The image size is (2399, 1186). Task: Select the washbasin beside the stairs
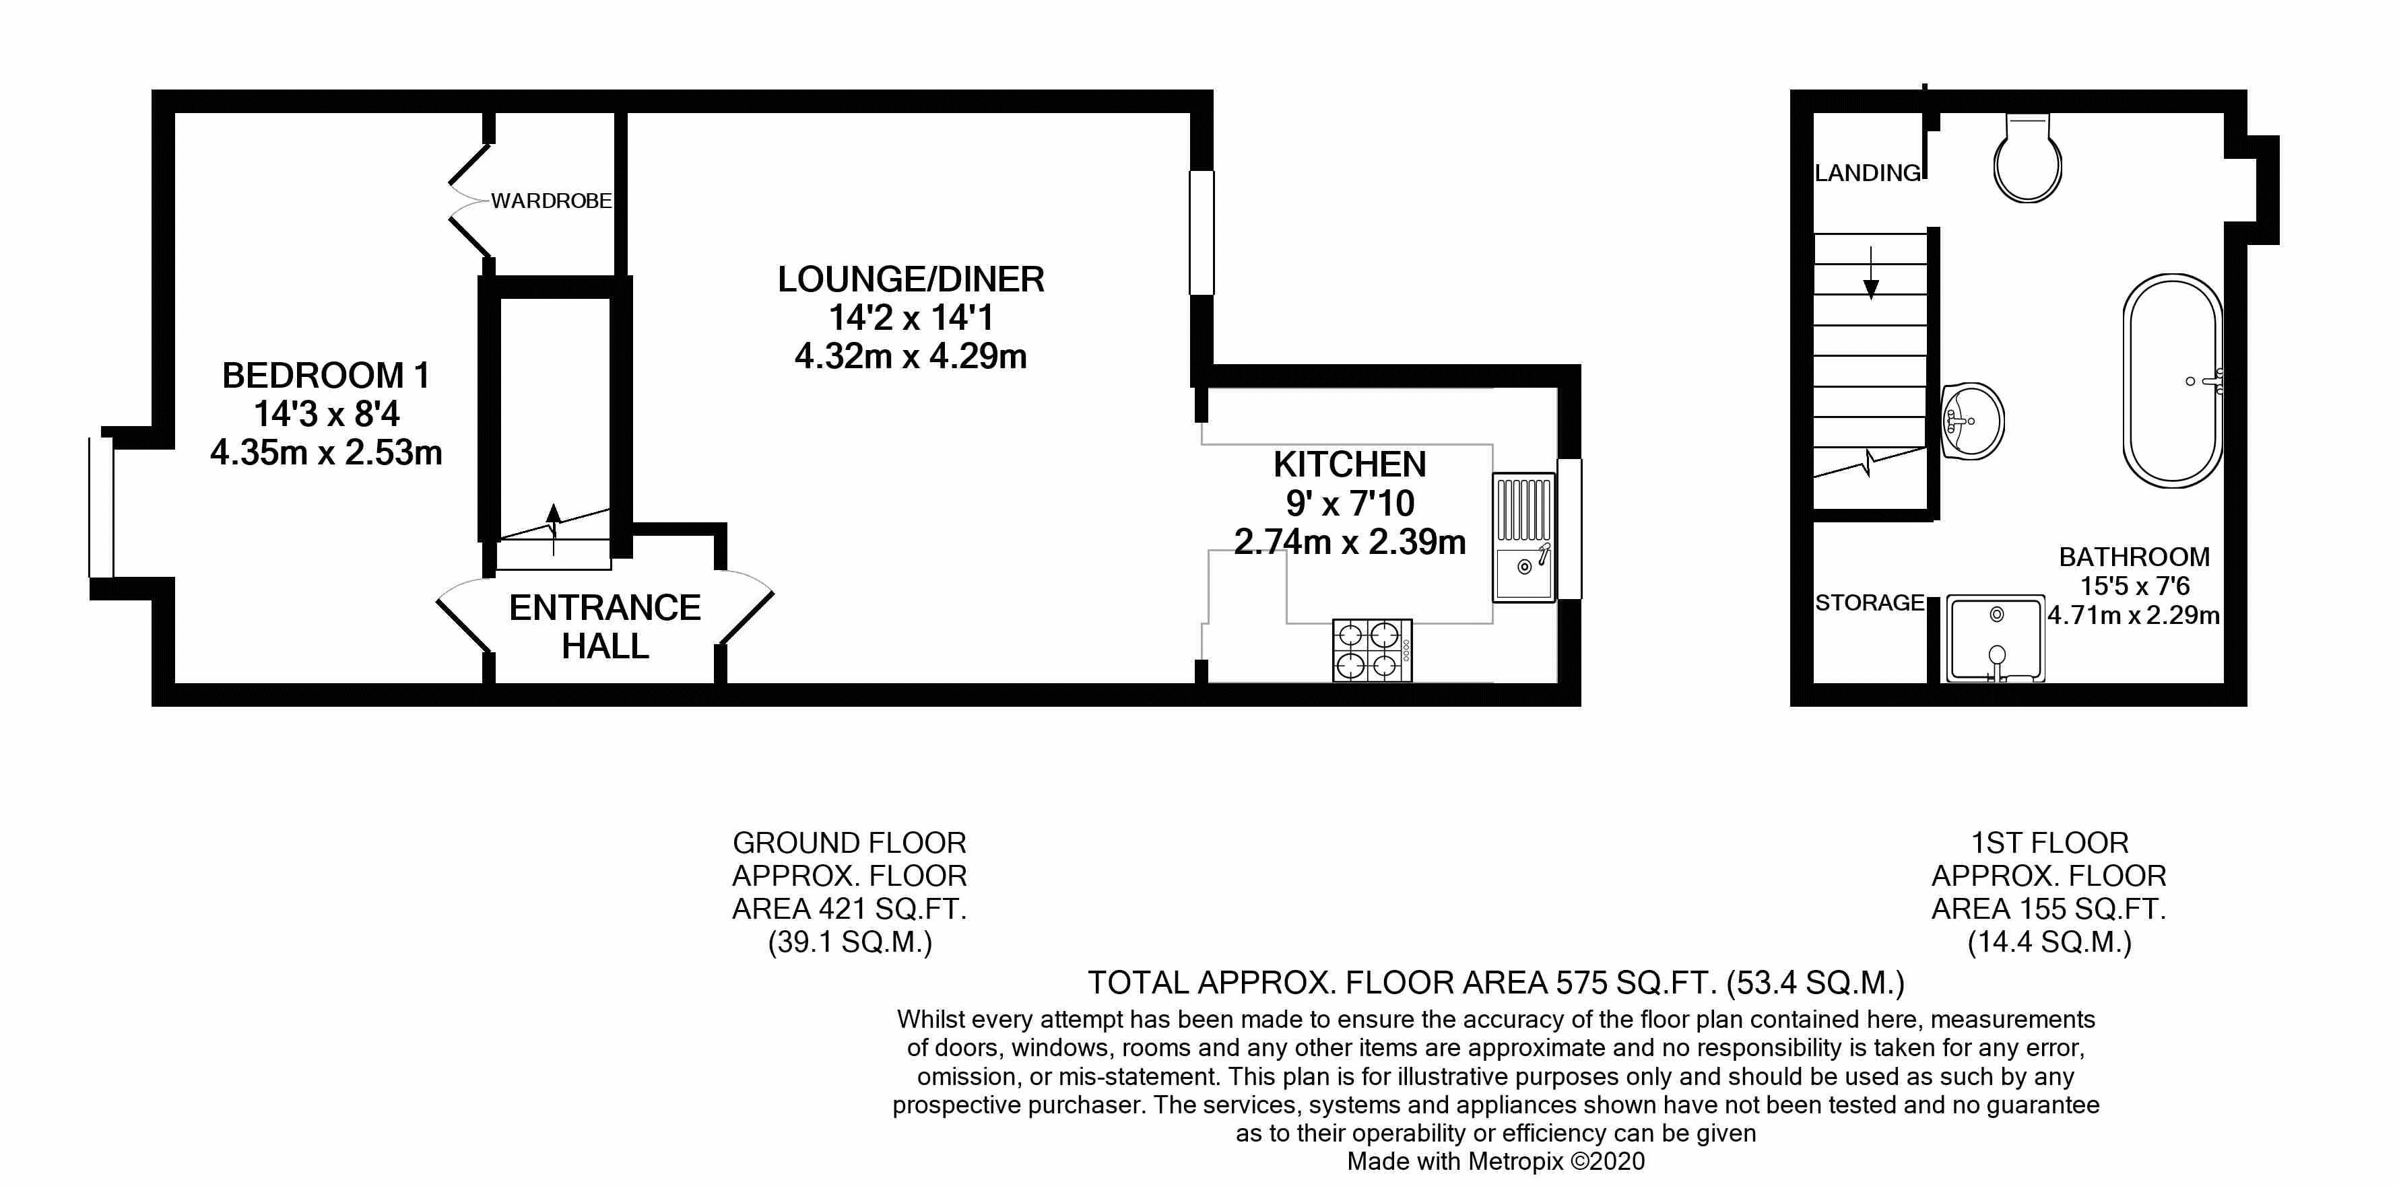coord(1973,421)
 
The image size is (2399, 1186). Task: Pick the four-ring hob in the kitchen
coord(1372,650)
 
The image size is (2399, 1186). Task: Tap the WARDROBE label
coord(552,201)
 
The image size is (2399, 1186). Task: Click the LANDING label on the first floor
coord(1867,173)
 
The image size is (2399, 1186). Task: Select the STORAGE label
coord(1869,603)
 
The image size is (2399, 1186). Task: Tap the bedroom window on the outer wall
coord(100,508)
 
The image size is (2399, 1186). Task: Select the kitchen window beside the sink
coord(1569,529)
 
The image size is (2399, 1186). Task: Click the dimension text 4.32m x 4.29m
coord(910,357)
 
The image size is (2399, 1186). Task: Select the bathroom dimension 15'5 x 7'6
coord(2134,586)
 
